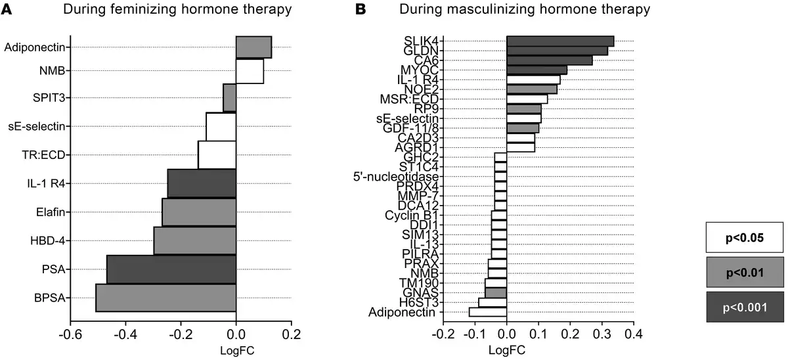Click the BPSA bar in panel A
[x=166, y=298]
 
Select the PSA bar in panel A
[x=171, y=269]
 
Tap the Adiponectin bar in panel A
[x=253, y=47]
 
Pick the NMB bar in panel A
[x=250, y=72]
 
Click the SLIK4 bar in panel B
[x=560, y=41]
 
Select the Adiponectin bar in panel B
[x=487, y=312]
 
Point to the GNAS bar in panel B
[x=496, y=292]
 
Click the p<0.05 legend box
[x=745, y=236]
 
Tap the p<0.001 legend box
[x=745, y=307]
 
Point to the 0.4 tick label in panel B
[x=633, y=332]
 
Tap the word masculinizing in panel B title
[x=485, y=9]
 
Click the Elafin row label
[x=51, y=212]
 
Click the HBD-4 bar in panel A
[x=194, y=240]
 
